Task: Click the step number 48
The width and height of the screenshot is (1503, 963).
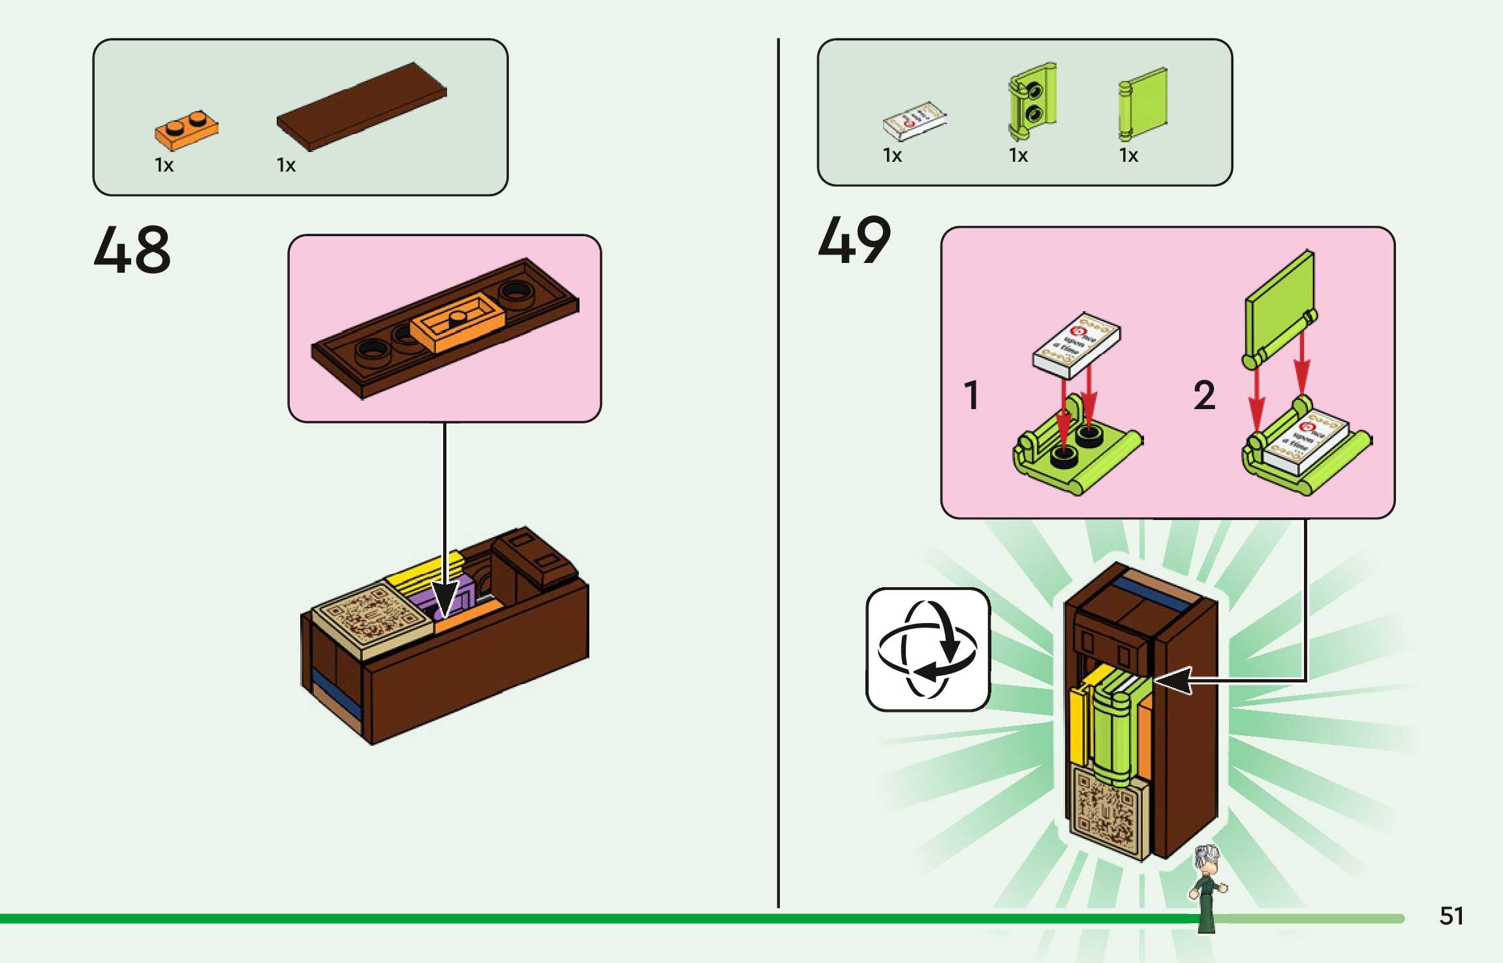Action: [x=132, y=249]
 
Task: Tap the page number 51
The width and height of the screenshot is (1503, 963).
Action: [x=1451, y=915]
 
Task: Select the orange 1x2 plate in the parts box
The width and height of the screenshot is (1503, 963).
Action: [x=186, y=130]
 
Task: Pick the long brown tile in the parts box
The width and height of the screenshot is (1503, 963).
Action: [x=362, y=106]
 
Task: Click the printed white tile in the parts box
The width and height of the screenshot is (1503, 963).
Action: [x=914, y=121]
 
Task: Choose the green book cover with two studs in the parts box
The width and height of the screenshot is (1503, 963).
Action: [x=1031, y=101]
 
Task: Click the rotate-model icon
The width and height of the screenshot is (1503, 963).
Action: [x=927, y=649]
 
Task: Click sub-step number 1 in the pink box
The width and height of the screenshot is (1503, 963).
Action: [x=972, y=395]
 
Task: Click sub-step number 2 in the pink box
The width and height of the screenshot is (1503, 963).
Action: [x=1205, y=395]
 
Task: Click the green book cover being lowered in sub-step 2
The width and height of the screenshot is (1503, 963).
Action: [x=1279, y=307]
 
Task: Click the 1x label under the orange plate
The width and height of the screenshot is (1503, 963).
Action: [x=164, y=165]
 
